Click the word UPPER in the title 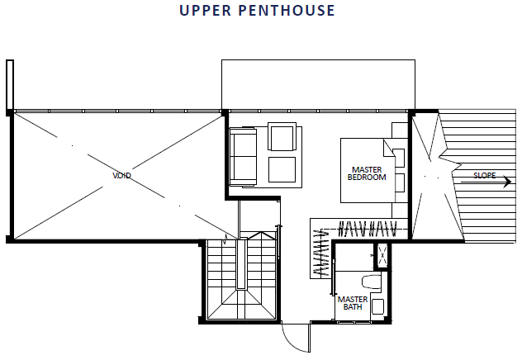(x=205, y=10)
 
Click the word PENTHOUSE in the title (x=287, y=10)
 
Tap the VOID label (x=122, y=175)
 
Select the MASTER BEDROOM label (x=367, y=173)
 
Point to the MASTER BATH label (x=353, y=303)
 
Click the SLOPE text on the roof (x=484, y=175)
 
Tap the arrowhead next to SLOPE (x=508, y=182)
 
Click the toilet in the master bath (x=372, y=282)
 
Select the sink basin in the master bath (x=377, y=306)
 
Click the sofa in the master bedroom (x=243, y=156)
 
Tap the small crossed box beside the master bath (x=382, y=256)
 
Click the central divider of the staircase (x=241, y=264)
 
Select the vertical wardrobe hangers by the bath (x=321, y=252)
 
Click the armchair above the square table (x=282, y=137)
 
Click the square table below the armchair (x=282, y=170)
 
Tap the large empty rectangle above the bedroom (x=318, y=84)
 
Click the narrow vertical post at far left (x=10, y=85)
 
